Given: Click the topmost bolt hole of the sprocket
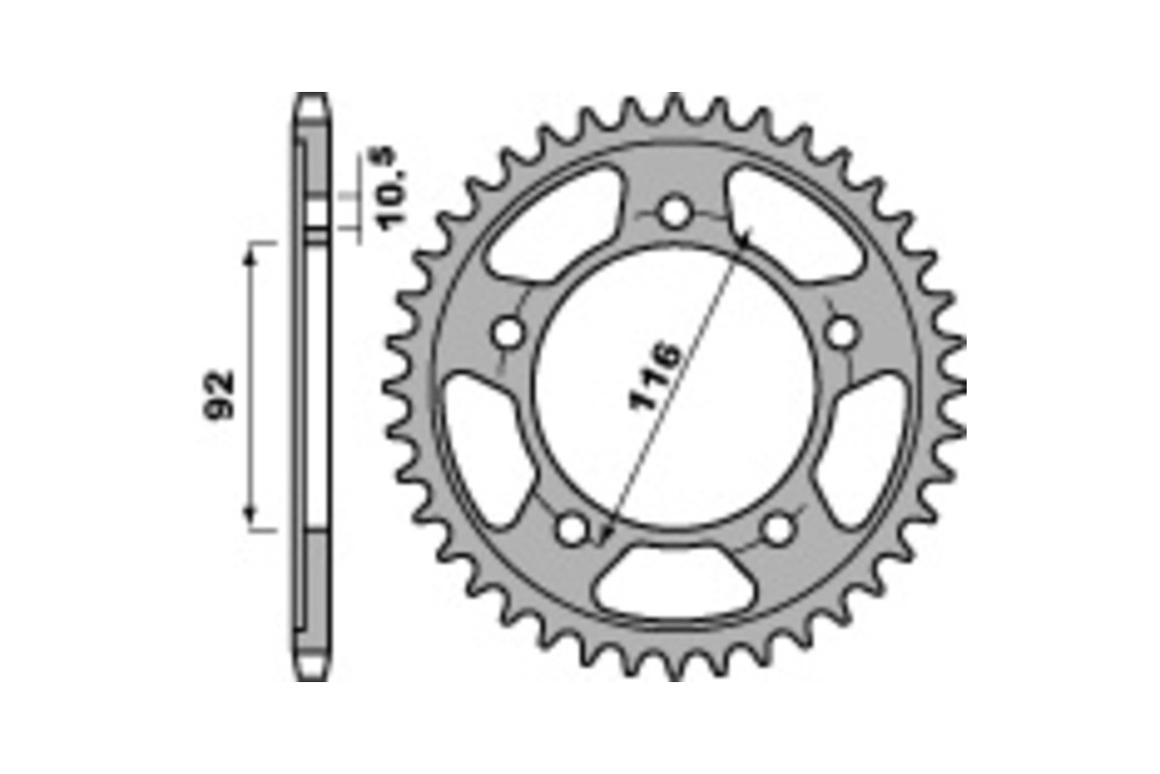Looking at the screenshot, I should (675, 212).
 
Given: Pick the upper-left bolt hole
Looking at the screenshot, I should (507, 334).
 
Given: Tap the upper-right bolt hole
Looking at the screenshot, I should (842, 333).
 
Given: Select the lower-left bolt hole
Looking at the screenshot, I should (572, 528).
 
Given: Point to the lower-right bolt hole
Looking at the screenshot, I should (779, 528).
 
